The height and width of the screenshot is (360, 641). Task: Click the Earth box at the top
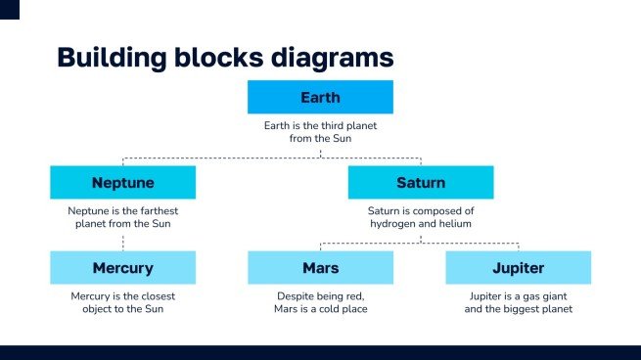pos(320,97)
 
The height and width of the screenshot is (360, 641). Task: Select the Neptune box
pos(122,182)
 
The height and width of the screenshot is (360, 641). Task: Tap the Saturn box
pos(420,182)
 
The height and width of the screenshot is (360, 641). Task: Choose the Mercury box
pos(122,267)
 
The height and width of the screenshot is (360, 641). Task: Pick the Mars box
pos(320,267)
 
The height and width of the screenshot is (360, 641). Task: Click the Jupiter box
pos(518,267)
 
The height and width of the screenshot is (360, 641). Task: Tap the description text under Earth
pos(320,132)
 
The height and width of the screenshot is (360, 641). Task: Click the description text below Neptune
pos(122,217)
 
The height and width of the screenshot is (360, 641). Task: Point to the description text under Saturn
pos(420,217)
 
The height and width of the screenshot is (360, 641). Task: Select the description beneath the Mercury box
pos(122,302)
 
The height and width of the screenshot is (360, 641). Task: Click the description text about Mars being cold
pos(320,302)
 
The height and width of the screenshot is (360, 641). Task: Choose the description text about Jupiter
pos(518,302)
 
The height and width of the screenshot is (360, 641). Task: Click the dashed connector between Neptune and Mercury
pos(122,241)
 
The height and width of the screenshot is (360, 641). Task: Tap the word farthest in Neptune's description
pos(158,210)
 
